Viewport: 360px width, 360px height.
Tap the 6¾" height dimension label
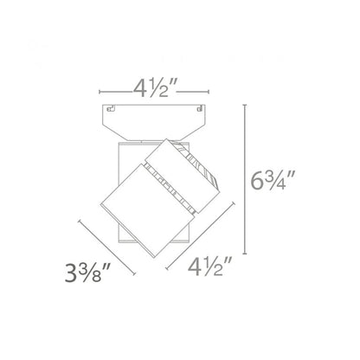pos(272,181)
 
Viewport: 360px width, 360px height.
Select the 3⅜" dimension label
pos(87,272)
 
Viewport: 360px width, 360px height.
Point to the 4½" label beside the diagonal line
pos(209,266)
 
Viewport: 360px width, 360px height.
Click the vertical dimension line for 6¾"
pos(245,179)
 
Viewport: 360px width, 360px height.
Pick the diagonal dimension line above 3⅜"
pos(106,247)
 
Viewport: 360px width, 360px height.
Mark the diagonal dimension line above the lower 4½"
pos(200,236)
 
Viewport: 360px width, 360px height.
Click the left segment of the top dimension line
pos(114,92)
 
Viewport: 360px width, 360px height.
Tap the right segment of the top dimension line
pos(192,92)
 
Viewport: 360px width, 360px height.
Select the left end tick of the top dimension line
pos(100,92)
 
